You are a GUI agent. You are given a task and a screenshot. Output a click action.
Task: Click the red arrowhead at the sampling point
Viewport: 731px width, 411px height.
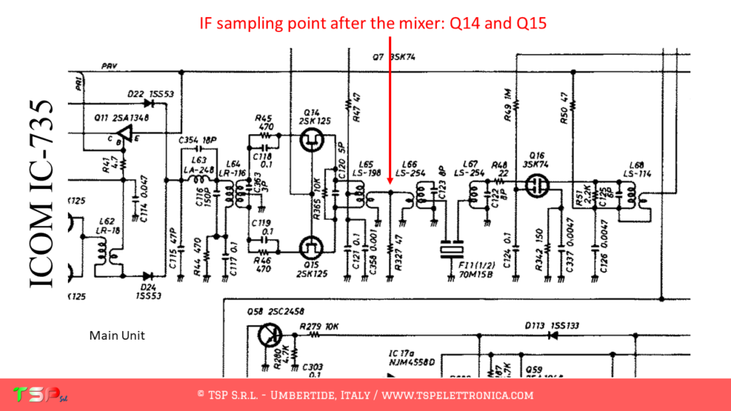point(390,187)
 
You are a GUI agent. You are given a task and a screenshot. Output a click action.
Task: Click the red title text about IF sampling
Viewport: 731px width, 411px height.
point(372,23)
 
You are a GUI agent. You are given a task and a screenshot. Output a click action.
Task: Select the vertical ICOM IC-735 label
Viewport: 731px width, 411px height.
point(41,193)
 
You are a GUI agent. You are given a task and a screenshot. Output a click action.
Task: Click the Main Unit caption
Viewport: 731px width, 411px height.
point(117,335)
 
